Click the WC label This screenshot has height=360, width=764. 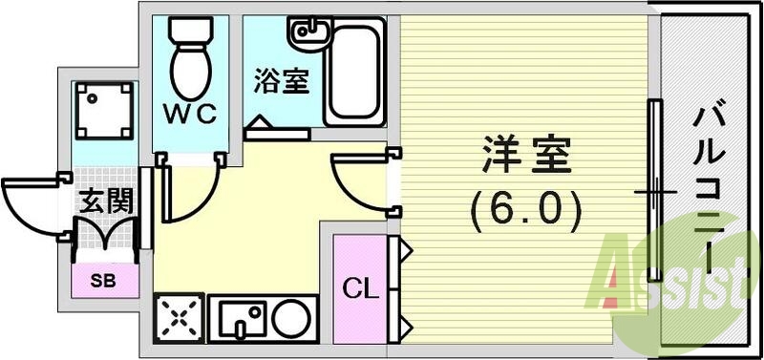tap(194, 115)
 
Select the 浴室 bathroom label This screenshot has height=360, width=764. tap(281, 81)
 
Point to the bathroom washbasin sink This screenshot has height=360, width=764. tap(311, 33)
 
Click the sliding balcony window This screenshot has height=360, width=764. tap(654, 191)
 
